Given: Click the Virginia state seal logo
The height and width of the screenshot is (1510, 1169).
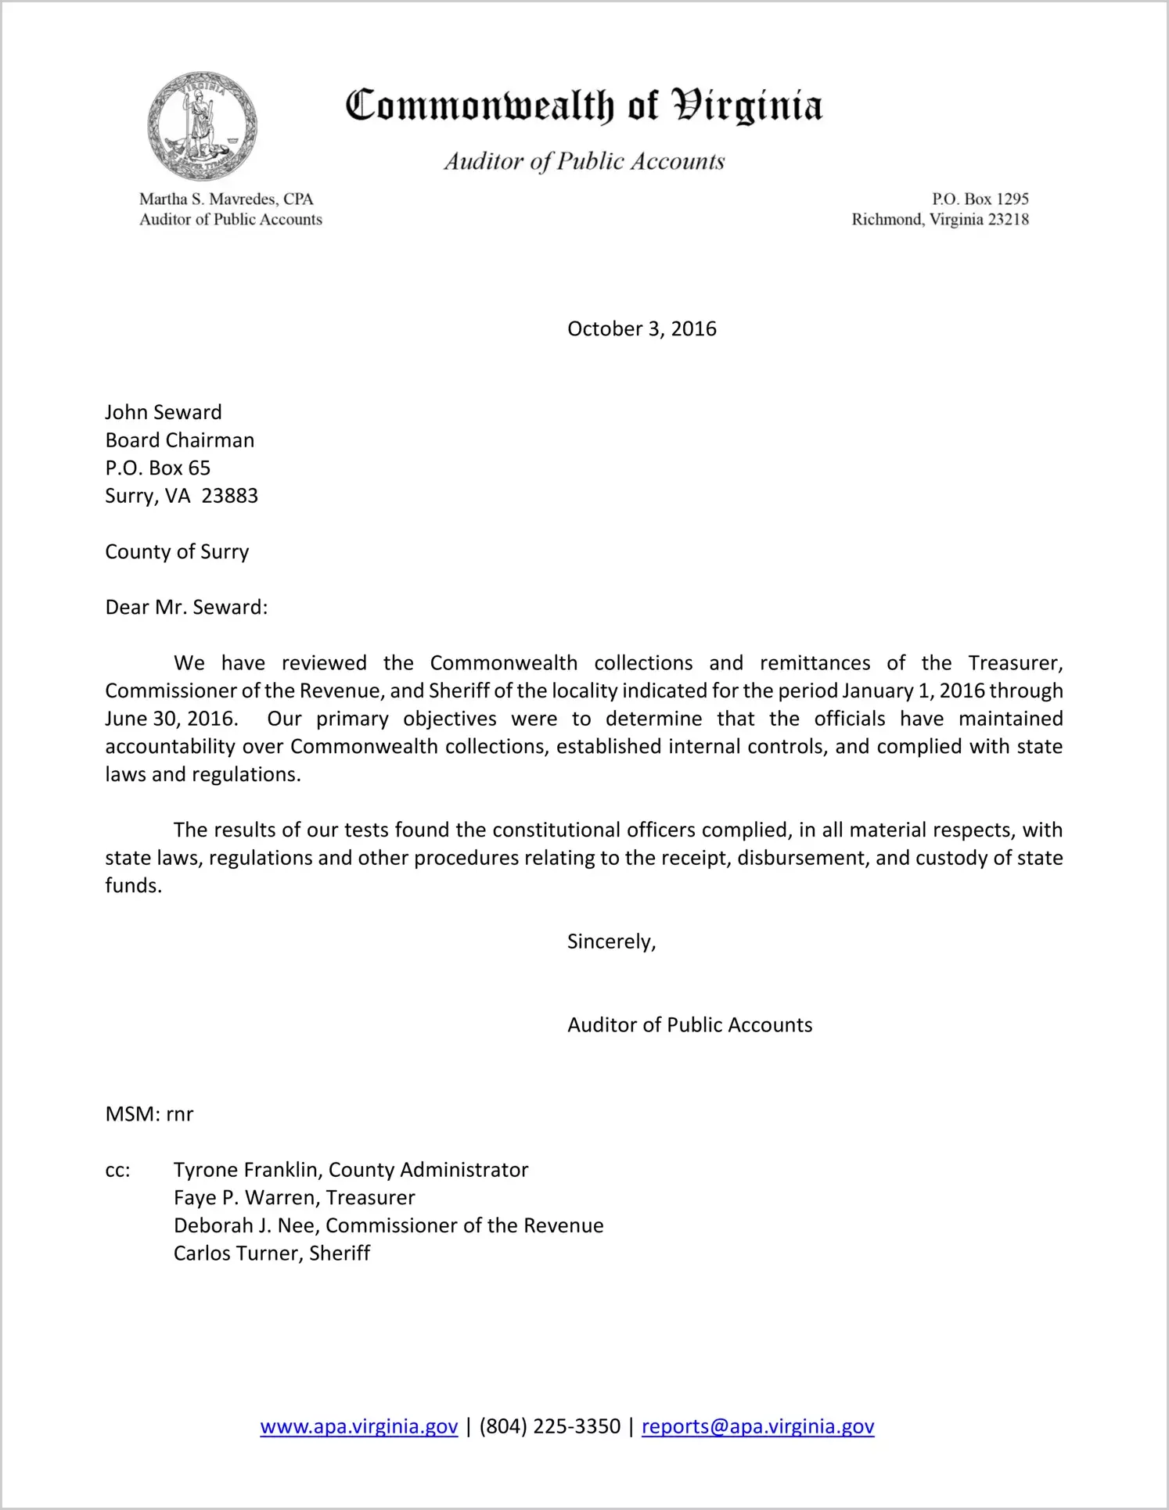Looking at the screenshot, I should click(202, 126).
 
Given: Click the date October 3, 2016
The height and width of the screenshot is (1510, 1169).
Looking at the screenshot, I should click(642, 328).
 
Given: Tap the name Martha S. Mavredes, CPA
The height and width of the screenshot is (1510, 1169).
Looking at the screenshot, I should click(226, 199).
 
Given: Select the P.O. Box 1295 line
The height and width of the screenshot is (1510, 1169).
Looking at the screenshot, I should click(980, 199).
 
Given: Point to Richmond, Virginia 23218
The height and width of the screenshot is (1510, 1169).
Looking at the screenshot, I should click(940, 220).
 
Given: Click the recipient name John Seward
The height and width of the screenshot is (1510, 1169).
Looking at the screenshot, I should click(164, 412).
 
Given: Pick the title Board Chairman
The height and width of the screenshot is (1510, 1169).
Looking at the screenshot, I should click(180, 440).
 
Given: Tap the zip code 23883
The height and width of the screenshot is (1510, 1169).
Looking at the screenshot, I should click(229, 496).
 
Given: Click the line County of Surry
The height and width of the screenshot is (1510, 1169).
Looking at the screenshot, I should click(177, 551).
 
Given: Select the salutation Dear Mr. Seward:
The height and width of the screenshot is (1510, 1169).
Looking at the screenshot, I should click(186, 607).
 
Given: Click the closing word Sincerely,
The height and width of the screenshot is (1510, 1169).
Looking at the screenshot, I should click(611, 942).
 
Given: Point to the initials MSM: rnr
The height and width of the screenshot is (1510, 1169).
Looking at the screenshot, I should click(149, 1114).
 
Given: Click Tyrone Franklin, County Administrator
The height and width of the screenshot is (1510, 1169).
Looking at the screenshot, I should click(351, 1170).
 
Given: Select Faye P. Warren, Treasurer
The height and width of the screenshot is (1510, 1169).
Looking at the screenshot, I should click(294, 1197).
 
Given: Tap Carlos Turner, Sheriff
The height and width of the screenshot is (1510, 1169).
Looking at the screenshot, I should click(272, 1253).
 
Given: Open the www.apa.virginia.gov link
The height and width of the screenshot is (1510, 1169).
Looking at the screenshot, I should click(358, 1426).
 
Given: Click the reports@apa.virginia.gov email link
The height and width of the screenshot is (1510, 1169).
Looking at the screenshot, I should click(757, 1426).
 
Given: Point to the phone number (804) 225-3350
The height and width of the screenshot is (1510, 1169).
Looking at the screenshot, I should click(549, 1426).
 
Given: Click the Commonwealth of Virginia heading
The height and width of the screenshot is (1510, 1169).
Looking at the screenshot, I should click(584, 106).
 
